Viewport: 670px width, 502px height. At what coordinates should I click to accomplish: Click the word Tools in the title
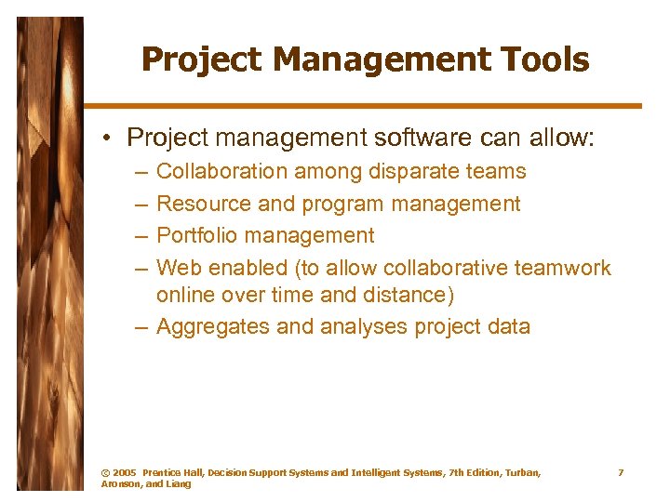[x=544, y=60]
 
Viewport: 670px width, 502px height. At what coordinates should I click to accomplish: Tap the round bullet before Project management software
[x=109, y=139]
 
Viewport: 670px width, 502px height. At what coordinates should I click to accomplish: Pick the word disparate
[x=410, y=171]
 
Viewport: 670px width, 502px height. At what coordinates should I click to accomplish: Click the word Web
[x=179, y=268]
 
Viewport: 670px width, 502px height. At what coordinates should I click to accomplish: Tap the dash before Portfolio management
[x=140, y=236]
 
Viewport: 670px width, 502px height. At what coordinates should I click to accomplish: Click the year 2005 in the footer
[x=124, y=473]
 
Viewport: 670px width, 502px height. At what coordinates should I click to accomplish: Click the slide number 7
[x=621, y=473]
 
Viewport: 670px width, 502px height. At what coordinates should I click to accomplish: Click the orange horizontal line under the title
[x=363, y=106]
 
